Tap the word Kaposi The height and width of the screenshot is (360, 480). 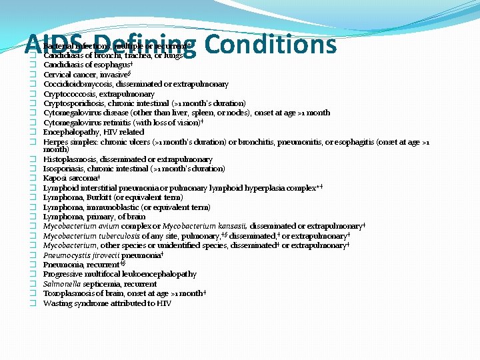55,179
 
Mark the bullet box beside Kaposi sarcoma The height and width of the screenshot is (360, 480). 31,179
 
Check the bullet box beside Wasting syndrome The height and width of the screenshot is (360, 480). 31,304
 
